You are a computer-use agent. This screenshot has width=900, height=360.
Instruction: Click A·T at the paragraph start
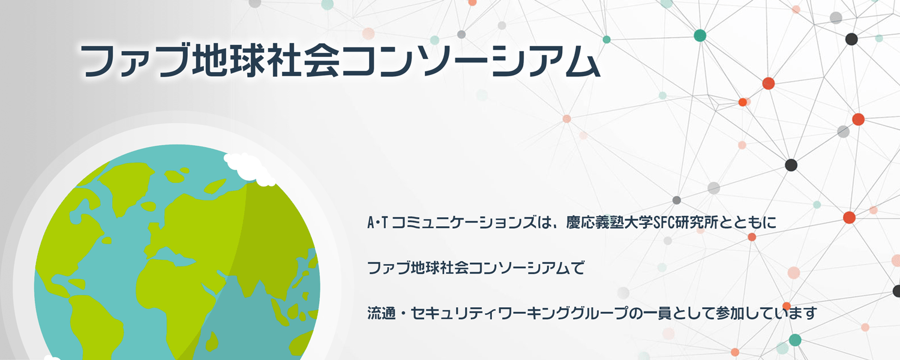pyautogui.click(x=377, y=222)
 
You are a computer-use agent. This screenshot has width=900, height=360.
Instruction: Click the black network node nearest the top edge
pyautogui.click(x=851, y=39)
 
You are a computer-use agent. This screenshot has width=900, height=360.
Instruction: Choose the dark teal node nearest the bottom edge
pyautogui.click(x=795, y=340)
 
